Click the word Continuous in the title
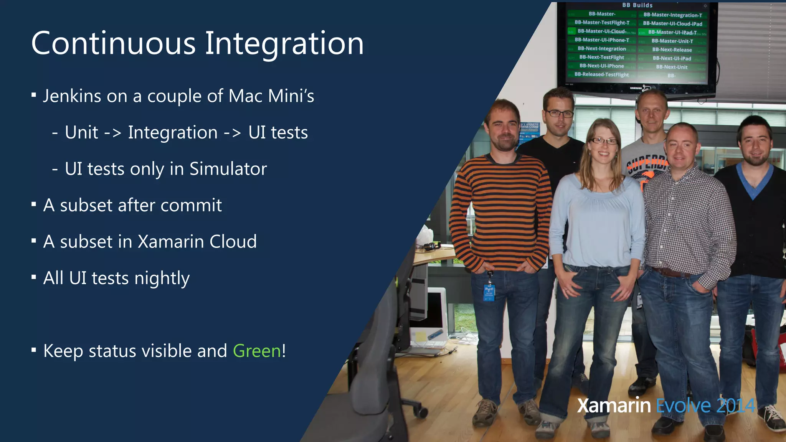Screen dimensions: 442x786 pyautogui.click(x=114, y=43)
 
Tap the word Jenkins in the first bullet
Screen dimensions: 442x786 pyautogui.click(x=72, y=96)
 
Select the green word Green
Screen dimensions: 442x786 pyautogui.click(x=257, y=351)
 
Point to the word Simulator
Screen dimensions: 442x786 pyautogui.click(x=228, y=169)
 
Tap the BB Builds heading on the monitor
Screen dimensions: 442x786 pyautogui.click(x=637, y=5)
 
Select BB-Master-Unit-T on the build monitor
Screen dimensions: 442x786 pyautogui.click(x=672, y=41)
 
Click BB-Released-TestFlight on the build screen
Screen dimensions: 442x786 pyautogui.click(x=601, y=74)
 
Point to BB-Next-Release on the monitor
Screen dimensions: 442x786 pyautogui.click(x=672, y=50)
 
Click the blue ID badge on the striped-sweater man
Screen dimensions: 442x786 pyautogui.click(x=489, y=292)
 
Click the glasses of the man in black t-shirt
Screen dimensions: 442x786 pyautogui.click(x=559, y=114)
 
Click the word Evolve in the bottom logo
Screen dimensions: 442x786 pyautogui.click(x=683, y=406)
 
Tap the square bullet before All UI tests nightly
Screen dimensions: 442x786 pyautogui.click(x=34, y=277)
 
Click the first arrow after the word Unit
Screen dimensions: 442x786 pyautogui.click(x=113, y=133)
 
